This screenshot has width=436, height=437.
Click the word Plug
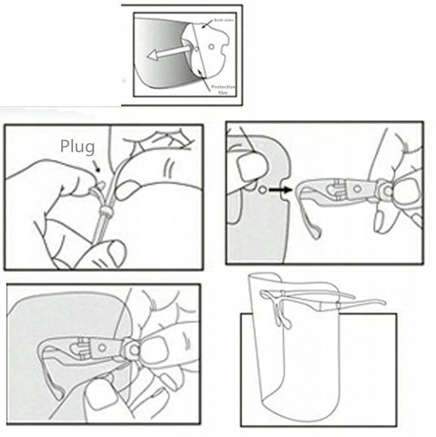(x=78, y=147)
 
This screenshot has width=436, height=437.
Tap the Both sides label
(x=224, y=20)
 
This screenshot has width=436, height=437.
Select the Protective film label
(x=223, y=90)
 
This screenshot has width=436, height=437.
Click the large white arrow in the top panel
(x=169, y=53)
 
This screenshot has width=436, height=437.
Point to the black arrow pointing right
(x=280, y=190)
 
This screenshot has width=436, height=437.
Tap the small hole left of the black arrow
(x=262, y=190)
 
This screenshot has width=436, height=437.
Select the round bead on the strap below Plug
(x=106, y=211)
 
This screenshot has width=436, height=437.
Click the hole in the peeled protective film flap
(x=212, y=46)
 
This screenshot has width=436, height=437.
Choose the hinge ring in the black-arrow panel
(x=387, y=191)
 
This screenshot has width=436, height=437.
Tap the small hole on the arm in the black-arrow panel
(x=357, y=189)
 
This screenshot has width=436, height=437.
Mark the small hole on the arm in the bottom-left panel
(x=102, y=348)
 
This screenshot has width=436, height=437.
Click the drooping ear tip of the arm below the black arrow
(x=316, y=234)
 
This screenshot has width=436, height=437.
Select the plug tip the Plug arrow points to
(x=101, y=185)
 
